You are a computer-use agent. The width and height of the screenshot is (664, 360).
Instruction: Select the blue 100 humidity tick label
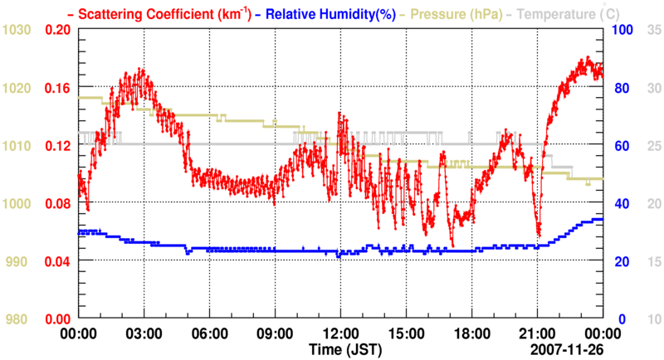(623, 30)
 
